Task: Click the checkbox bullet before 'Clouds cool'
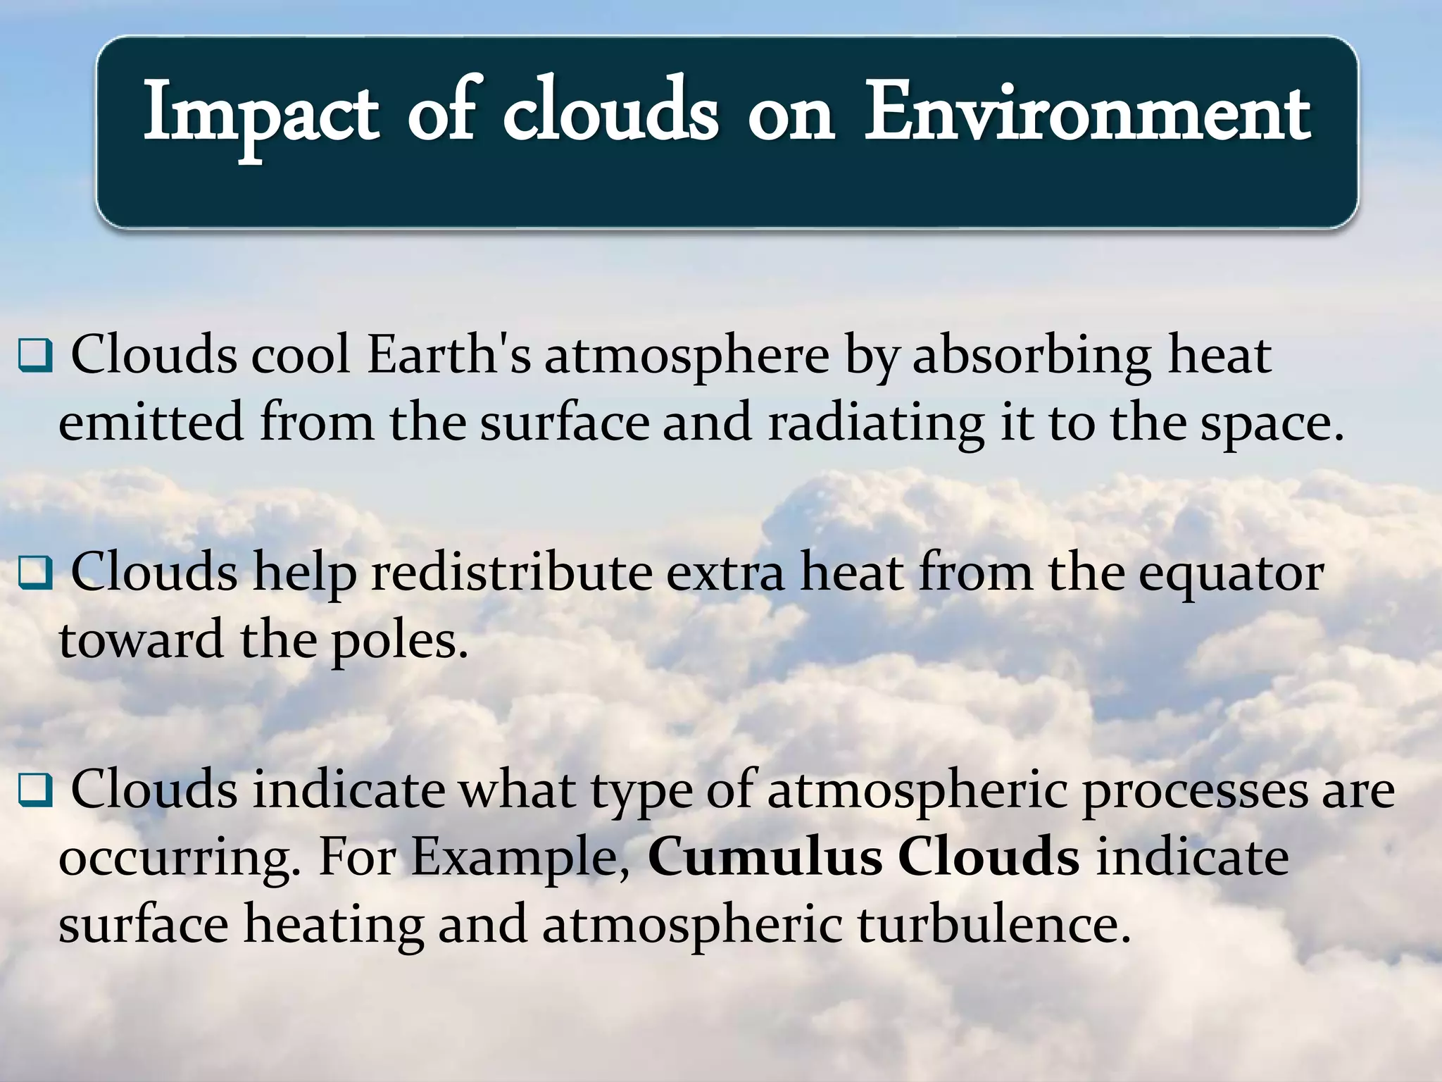point(36,358)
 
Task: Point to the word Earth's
point(449,355)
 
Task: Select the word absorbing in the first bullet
point(1032,356)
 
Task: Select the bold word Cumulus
point(764,857)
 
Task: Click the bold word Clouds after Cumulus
point(989,857)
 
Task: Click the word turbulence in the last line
point(993,924)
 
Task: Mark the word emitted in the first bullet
point(151,423)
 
